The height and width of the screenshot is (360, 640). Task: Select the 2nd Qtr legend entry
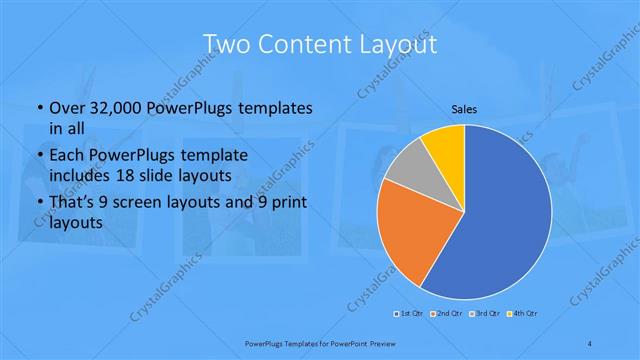(446, 314)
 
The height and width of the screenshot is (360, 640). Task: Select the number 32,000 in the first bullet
(111, 107)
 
